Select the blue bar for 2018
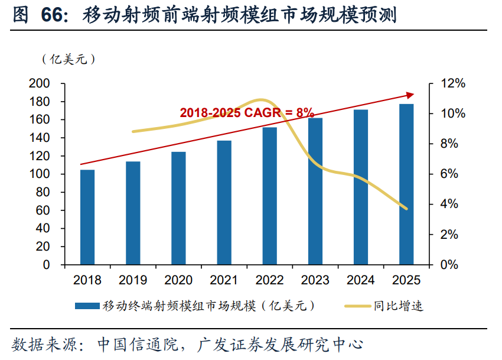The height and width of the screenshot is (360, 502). [87, 217]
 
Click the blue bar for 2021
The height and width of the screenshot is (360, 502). [224, 202]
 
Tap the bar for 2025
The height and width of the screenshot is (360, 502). [406, 184]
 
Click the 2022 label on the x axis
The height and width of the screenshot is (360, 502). [269, 280]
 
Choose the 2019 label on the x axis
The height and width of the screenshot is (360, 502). [133, 280]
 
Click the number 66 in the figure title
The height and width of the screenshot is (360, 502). [53, 15]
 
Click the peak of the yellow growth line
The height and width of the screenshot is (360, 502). [261, 100]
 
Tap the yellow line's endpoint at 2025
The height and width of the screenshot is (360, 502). [406, 209]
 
